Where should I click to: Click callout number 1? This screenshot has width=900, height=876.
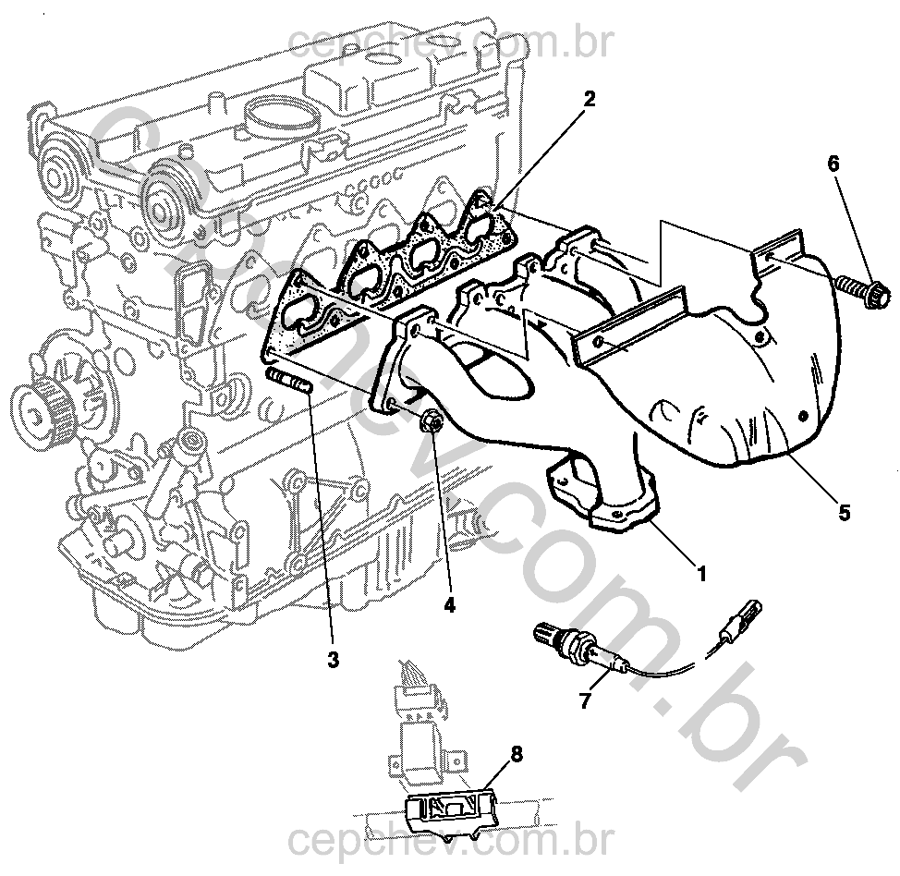point(701,574)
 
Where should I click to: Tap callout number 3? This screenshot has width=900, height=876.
point(333,660)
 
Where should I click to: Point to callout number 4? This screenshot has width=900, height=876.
point(450,604)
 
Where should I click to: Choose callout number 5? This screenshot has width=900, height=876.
point(844,511)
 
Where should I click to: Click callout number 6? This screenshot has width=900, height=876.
point(833,164)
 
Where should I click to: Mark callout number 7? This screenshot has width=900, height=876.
point(584,701)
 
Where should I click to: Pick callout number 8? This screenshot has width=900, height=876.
point(516,753)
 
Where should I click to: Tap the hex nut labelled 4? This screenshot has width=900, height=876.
point(431,422)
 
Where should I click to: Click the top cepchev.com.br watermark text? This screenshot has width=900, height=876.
point(449,42)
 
